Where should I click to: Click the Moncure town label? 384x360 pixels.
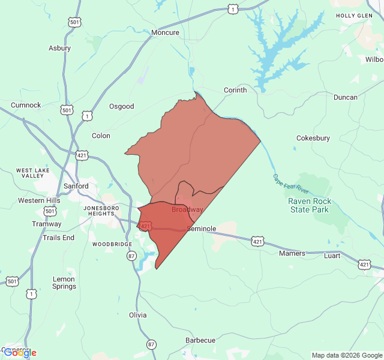pos(165,32)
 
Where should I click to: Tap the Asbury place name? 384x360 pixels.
pos(59,48)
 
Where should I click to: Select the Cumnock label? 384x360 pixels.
pos(26,105)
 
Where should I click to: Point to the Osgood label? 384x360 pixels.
pos(121,106)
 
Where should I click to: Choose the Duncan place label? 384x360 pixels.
pos(345,97)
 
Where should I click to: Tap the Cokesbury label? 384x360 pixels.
pos(313,138)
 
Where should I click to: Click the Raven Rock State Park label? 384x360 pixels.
pos(309,206)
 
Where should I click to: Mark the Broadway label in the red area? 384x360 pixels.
pos(187,209)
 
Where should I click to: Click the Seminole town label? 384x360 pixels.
pos(202,229)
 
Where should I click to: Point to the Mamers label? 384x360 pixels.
pos(292,253)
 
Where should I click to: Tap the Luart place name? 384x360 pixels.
pos(332,256)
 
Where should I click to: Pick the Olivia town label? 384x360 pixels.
pos(137,314)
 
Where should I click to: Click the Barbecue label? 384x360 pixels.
pos(200,340)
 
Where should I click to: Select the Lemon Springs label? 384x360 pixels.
pos(64,283)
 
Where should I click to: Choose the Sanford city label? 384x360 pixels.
pos(76,186)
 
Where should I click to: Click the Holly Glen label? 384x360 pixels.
pos(354,16)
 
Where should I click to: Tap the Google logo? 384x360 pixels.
pos(20,353)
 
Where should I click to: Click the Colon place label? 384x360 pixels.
pos(101,136)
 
